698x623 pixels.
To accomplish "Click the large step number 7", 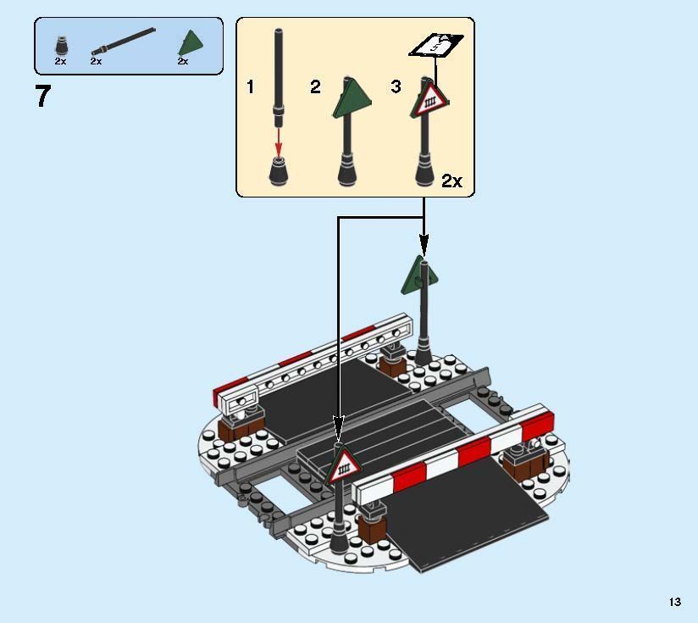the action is (43, 96).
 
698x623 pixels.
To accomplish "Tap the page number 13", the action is (675, 602).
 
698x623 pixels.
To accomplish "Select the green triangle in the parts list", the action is (191, 42).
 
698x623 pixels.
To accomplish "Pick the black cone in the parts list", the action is (62, 46).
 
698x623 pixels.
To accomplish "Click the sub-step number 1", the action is (251, 86).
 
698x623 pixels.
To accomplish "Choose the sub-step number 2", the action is (315, 86).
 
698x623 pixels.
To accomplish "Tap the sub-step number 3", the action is (396, 86).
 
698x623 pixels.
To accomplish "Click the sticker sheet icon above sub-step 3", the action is (436, 45).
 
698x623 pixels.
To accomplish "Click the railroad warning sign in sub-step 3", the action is (429, 99).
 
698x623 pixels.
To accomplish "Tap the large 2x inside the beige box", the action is (451, 181).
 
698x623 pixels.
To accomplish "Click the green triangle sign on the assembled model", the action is (419, 276).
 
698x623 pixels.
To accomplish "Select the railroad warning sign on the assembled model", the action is (344, 464).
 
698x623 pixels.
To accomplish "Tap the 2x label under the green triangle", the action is (183, 62).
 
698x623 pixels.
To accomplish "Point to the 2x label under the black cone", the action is (60, 62).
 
